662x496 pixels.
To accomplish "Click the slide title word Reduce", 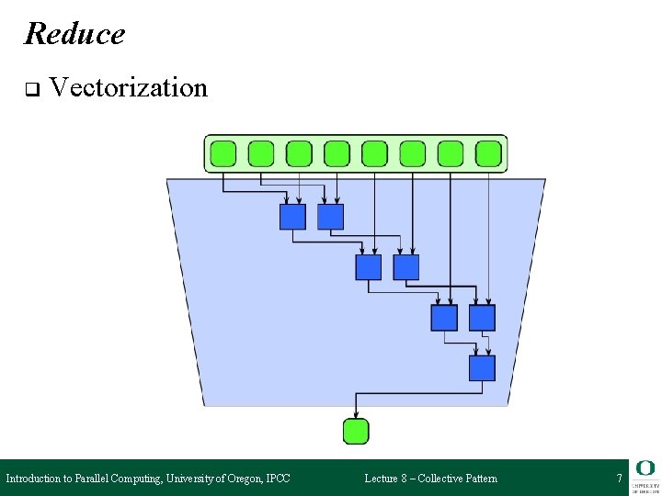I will [74, 34].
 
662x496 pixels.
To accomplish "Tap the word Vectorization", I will [129, 88].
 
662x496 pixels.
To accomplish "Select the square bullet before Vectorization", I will [30, 90].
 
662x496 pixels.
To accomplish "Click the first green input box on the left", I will [223, 153].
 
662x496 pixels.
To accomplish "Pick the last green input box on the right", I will [489, 153].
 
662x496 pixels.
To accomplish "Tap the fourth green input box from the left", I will [337, 153].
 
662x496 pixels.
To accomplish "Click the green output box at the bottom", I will [355, 431].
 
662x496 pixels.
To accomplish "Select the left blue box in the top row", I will [292, 217].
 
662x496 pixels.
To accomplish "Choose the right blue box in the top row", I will [330, 217].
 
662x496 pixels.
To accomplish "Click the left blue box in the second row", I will [368, 267].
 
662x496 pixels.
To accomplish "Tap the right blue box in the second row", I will [405, 267].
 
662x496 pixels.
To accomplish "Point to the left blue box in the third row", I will [444, 318].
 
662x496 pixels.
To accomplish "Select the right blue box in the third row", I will [482, 318].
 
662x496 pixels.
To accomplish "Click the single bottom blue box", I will [482, 368].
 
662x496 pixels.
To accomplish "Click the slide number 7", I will [619, 479].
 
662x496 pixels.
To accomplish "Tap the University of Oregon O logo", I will [645, 468].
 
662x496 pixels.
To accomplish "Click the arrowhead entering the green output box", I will [355, 414].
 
